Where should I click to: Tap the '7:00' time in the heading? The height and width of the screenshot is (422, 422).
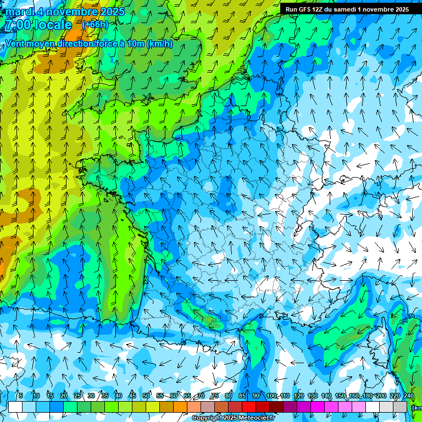click(18, 25)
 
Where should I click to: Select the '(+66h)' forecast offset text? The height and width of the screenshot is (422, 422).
click(95, 25)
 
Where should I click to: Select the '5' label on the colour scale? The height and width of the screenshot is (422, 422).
click(21, 396)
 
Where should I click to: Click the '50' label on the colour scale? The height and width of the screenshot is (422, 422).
click(146, 396)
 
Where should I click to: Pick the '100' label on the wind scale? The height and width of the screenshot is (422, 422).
click(271, 396)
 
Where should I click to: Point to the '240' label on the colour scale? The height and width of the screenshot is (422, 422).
click(408, 396)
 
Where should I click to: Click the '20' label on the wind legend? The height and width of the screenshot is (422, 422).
click(64, 396)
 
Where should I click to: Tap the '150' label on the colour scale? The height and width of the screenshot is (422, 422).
click(340, 396)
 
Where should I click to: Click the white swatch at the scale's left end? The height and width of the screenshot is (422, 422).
click(15, 407)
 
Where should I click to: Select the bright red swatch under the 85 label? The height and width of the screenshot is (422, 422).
click(249, 407)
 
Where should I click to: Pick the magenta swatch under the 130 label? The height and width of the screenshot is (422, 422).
click(318, 407)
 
